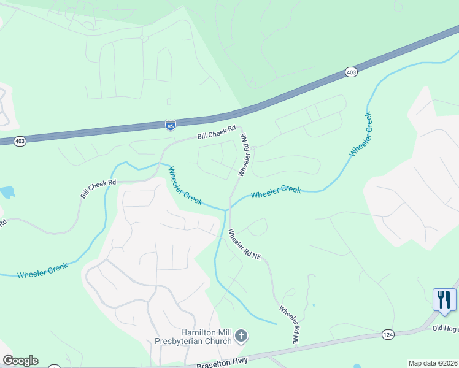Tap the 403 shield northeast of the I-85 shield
351,72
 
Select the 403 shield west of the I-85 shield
20,141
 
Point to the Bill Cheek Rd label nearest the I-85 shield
216,132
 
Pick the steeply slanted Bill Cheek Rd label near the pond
98,189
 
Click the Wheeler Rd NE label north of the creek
244,155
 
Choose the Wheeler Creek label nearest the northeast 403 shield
360,134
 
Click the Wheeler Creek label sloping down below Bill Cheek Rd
185,186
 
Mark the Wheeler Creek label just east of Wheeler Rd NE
276,192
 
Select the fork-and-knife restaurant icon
444,299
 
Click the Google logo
20,361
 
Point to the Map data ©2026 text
433,363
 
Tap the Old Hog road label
445,329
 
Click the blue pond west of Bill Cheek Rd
7,193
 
